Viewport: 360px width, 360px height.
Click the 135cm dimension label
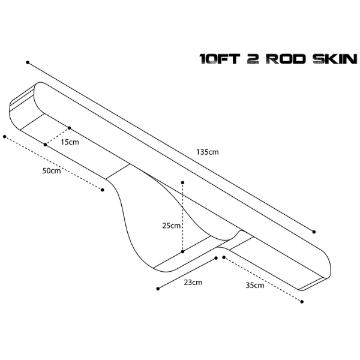(208, 152)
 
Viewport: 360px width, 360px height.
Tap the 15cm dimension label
(70, 142)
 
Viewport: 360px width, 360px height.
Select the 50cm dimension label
(52, 171)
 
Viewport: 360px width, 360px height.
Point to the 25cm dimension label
(171, 226)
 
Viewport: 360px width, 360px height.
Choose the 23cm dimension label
(193, 283)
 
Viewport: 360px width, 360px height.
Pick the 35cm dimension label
(255, 286)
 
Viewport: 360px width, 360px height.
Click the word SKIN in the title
(335, 59)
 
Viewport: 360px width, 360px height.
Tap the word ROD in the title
(286, 59)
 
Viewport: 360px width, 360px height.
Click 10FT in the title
(220, 59)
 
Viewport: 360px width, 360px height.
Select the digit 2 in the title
(253, 59)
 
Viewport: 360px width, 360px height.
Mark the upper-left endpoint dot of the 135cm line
(28, 62)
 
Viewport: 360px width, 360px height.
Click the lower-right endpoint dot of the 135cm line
(314, 232)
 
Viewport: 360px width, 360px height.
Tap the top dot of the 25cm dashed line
(182, 182)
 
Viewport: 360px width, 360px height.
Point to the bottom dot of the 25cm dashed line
(182, 251)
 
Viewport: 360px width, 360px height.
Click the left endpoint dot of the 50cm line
(5, 137)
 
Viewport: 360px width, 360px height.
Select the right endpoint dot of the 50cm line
(103, 190)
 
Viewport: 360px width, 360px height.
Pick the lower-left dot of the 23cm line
(158, 289)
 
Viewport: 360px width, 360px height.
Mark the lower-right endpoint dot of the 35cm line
(302, 302)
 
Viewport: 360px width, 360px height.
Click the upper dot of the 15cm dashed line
(70, 128)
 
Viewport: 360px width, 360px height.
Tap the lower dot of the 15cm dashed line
(45, 145)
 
